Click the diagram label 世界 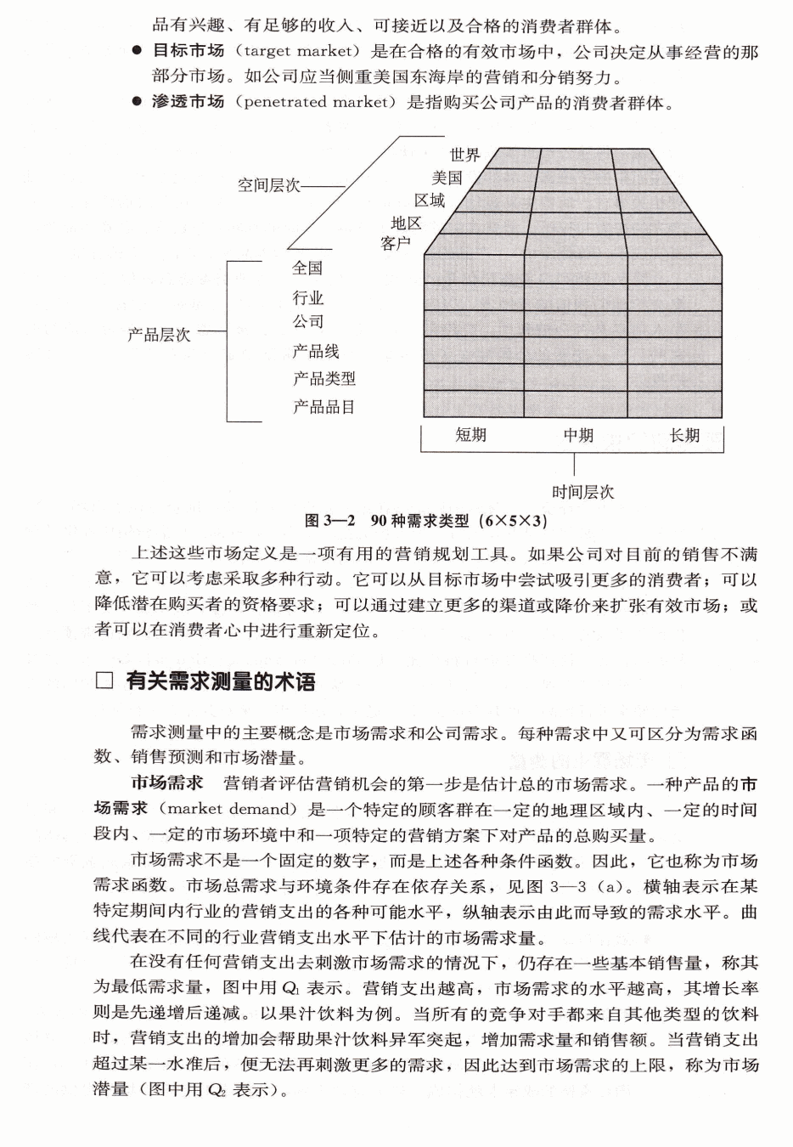pyautogui.click(x=464, y=155)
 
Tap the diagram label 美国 pyautogui.click(x=447, y=178)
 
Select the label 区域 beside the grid pyautogui.click(x=430, y=201)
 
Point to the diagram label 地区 pyautogui.click(x=406, y=223)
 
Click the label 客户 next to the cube pyautogui.click(x=396, y=244)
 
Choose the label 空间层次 pyautogui.click(x=268, y=185)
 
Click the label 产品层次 pyautogui.click(x=159, y=335)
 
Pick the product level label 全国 pyautogui.click(x=307, y=268)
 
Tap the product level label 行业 pyautogui.click(x=307, y=298)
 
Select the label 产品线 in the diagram pyautogui.click(x=316, y=351)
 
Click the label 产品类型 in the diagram pyautogui.click(x=323, y=379)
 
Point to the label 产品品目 pyautogui.click(x=323, y=407)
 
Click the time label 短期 pyautogui.click(x=470, y=435)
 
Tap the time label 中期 pyautogui.click(x=578, y=435)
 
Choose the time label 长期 pyautogui.click(x=684, y=435)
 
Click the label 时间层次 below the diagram pyautogui.click(x=582, y=492)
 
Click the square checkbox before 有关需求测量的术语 pyautogui.click(x=104, y=681)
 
